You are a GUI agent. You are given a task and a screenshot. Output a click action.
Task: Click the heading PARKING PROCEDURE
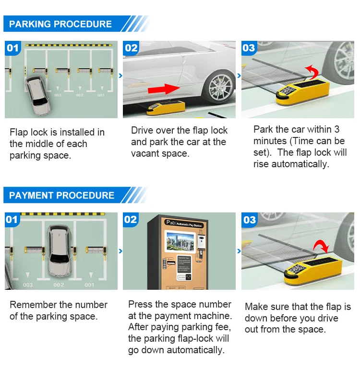[x=60, y=24]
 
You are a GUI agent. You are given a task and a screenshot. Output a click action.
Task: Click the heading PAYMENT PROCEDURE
[x=61, y=195]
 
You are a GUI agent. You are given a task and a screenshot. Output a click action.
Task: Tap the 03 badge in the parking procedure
[x=249, y=48]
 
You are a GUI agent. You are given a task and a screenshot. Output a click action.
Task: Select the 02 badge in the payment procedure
[x=131, y=220]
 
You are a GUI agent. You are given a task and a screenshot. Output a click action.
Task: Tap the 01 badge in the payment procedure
[x=12, y=220]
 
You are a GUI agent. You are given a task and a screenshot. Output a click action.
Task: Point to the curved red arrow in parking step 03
[x=311, y=72]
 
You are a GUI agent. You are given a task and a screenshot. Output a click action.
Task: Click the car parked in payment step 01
[x=58, y=249]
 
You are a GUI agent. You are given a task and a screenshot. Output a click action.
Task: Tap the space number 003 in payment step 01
[x=28, y=285]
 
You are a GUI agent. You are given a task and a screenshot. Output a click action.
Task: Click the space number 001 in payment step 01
[x=89, y=285]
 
